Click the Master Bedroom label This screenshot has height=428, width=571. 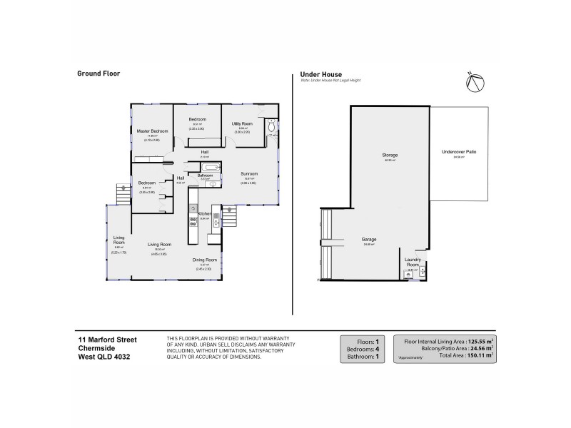(151, 131)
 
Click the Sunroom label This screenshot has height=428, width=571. (248, 173)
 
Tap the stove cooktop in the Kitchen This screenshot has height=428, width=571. (193, 221)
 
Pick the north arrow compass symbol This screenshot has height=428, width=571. (475, 83)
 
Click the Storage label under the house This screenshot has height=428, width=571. (390, 155)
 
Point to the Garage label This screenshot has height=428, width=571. (369, 239)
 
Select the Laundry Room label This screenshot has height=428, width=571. (413, 262)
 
